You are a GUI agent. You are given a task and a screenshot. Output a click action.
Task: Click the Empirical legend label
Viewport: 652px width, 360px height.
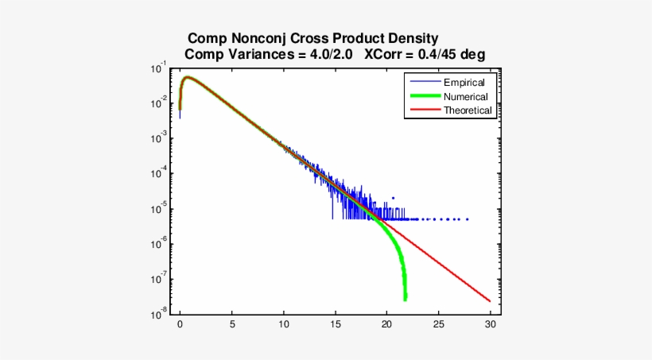point(464,82)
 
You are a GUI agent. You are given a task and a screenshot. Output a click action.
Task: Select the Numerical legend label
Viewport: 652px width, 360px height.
point(466,96)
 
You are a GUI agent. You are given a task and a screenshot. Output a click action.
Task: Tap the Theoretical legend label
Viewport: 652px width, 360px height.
point(468,110)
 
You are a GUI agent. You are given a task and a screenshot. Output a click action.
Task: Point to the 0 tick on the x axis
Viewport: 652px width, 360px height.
point(180,325)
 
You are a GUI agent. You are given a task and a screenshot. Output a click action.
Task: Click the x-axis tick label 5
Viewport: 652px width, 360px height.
point(231,325)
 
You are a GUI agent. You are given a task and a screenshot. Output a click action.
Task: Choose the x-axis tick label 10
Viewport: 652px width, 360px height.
point(283,325)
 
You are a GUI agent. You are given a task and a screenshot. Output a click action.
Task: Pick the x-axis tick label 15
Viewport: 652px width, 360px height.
point(335,325)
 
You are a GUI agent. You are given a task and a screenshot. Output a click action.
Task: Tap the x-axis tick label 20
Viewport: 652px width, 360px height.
point(386,325)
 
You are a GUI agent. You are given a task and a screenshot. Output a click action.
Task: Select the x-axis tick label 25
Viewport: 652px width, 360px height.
point(438,325)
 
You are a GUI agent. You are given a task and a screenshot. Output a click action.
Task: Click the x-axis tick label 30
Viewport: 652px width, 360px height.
point(490,325)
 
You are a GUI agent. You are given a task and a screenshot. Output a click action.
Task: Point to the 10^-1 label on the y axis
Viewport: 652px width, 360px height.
point(158,68)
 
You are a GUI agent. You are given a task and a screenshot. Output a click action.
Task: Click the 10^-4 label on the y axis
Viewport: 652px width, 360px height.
point(158,174)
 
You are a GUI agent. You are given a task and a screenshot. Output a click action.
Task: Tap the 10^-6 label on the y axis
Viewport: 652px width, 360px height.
point(158,244)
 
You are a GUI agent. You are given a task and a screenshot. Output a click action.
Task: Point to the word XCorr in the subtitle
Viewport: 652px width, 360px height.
point(385,55)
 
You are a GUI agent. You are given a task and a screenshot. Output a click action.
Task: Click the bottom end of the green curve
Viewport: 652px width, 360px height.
point(405,299)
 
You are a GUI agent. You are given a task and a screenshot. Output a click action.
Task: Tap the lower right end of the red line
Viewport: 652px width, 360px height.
point(489,301)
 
